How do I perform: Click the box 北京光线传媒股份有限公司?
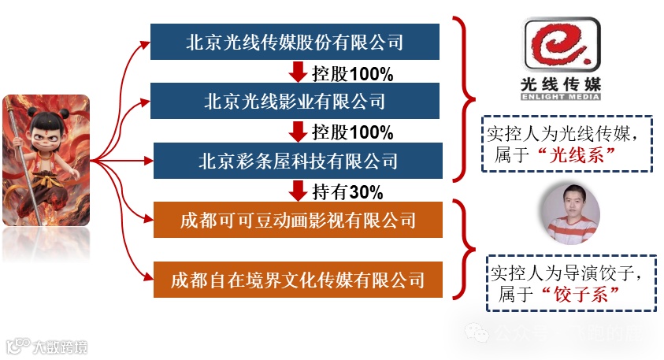pos(295,42)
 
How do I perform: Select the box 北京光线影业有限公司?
pos(295,101)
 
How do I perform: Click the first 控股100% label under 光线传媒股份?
pos(352,73)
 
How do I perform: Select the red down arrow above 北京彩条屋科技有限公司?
pos(299,132)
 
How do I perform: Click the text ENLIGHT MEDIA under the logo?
pos(561,97)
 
